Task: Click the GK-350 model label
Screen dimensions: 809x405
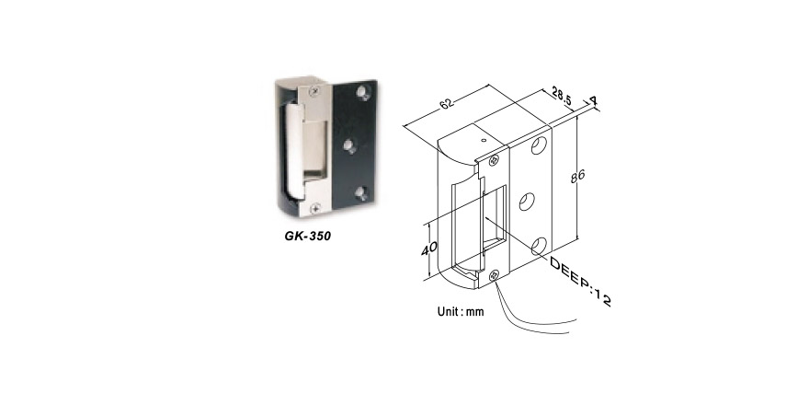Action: point(307,236)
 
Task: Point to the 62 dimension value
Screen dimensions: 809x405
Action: point(447,103)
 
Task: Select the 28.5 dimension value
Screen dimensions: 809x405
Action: point(562,97)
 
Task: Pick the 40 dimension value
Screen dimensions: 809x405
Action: point(429,249)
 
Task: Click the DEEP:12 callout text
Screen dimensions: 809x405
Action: point(580,282)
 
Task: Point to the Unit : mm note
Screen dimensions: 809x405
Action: point(461,312)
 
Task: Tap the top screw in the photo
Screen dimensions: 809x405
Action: point(314,91)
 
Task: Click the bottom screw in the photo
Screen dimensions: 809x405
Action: point(315,207)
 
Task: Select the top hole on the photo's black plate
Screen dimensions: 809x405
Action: point(364,93)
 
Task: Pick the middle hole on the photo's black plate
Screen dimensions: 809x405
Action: point(350,145)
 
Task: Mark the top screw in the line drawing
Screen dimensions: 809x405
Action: point(494,160)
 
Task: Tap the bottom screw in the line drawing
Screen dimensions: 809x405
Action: point(495,275)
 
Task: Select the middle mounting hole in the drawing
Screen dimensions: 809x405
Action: point(527,201)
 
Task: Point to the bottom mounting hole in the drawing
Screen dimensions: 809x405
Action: point(539,246)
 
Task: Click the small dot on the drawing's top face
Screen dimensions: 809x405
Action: point(483,139)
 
